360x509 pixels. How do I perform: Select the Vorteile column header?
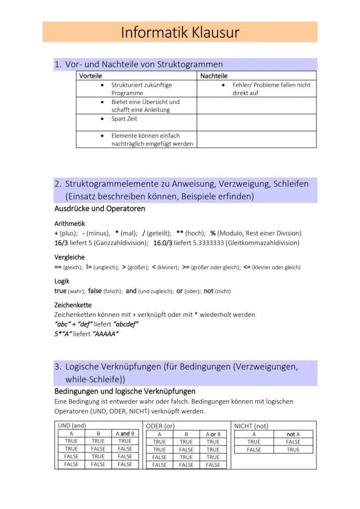click(x=90, y=76)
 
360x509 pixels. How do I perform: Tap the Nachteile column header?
click(x=213, y=76)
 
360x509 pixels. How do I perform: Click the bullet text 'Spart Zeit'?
click(x=124, y=119)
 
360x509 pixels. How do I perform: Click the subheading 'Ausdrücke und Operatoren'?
click(x=100, y=209)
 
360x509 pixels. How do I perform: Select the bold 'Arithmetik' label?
click(x=70, y=224)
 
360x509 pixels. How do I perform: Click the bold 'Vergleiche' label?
click(x=70, y=257)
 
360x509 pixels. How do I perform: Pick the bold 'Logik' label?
click(x=62, y=281)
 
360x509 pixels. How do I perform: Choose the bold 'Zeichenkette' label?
click(x=73, y=305)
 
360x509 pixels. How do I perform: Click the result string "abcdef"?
click(x=126, y=324)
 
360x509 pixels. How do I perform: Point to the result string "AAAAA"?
click(x=106, y=334)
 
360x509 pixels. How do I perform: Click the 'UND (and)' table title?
click(x=72, y=426)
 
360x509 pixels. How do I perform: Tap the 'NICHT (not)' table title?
click(x=251, y=426)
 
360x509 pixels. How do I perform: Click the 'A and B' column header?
click(x=125, y=433)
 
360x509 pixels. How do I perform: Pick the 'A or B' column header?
click(x=213, y=434)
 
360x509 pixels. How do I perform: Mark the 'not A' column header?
click(x=293, y=434)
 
